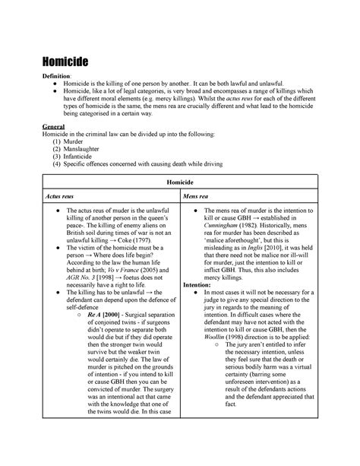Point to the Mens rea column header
(x=200, y=196)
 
